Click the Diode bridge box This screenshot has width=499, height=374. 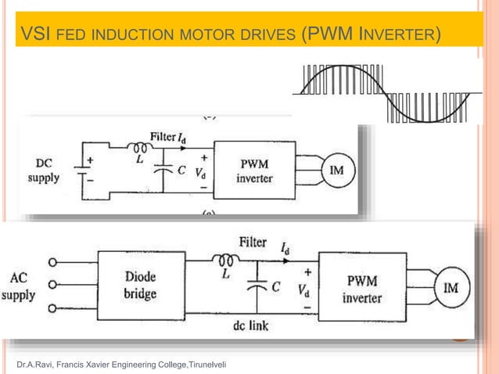pos(141,286)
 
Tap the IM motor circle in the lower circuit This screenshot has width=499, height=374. pos(451,287)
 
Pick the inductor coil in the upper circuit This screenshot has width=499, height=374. pos(141,146)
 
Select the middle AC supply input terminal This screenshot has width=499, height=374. pos(53,285)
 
